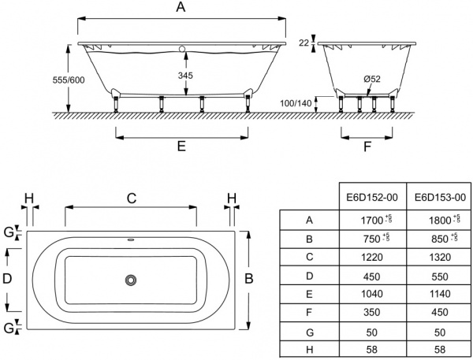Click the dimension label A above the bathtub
[x=181, y=9]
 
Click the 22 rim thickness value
[x=304, y=44]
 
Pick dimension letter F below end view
[x=367, y=147]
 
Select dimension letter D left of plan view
[x=8, y=278]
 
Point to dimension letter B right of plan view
[x=249, y=278]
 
